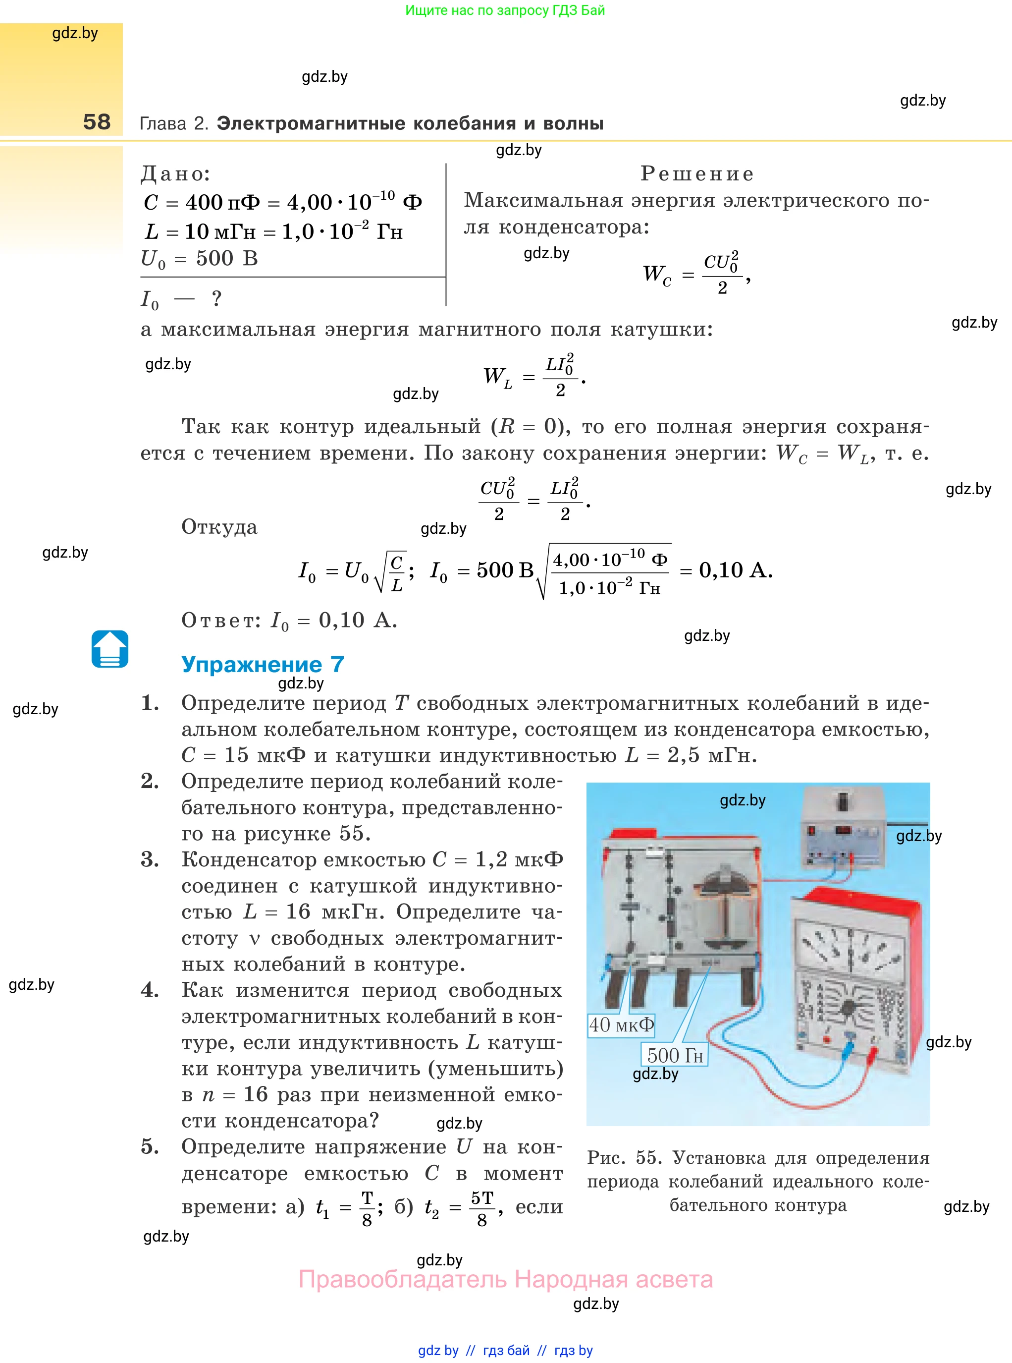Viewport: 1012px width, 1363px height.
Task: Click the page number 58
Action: pos(97,121)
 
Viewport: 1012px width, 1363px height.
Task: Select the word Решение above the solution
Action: pos(696,173)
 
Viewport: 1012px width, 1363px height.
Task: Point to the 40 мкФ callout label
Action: pos(621,1024)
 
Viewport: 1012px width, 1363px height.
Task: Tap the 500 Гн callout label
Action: pos(675,1055)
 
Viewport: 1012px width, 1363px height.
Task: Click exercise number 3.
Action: pos(150,859)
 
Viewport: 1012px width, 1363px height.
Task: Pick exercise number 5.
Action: pos(150,1146)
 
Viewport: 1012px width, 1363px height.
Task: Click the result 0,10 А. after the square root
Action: pos(735,570)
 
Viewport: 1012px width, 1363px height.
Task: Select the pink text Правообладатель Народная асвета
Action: pos(505,1279)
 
